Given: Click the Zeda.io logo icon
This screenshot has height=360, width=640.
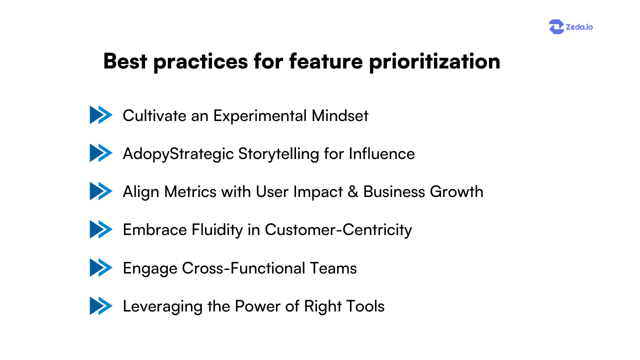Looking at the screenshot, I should pyautogui.click(x=556, y=26).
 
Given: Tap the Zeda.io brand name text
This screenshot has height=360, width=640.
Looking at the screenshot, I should pyautogui.click(x=579, y=27).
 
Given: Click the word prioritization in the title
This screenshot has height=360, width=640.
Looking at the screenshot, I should pyautogui.click(x=434, y=62).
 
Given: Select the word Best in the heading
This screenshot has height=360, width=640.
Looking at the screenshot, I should pyautogui.click(x=124, y=61).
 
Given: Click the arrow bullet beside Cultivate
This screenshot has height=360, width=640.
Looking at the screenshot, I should pyautogui.click(x=101, y=115).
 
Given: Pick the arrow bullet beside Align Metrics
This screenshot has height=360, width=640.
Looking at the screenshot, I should pyautogui.click(x=101, y=191).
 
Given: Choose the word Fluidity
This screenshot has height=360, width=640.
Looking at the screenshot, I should pyautogui.click(x=219, y=230).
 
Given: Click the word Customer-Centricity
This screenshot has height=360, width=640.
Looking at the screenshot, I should pyautogui.click(x=338, y=230).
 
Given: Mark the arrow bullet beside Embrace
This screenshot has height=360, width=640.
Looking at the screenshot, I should pyautogui.click(x=101, y=229).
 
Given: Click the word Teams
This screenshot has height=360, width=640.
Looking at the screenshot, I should pyautogui.click(x=333, y=268).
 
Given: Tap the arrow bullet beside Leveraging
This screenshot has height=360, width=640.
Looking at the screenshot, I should pyautogui.click(x=101, y=306).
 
